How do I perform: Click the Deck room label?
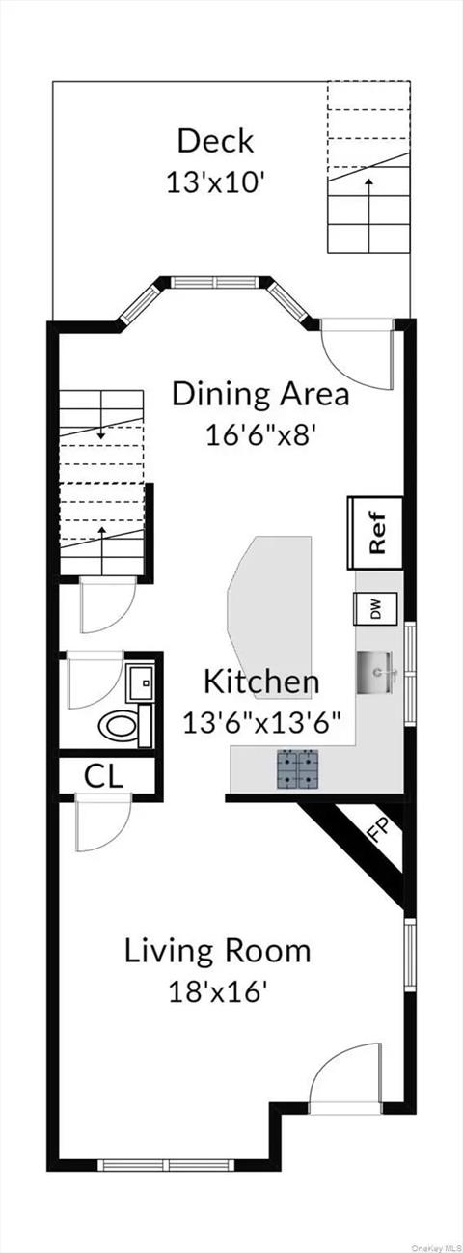click(215, 141)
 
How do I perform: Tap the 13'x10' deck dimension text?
click(215, 182)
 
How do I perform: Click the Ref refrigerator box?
click(375, 533)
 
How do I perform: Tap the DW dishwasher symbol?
click(375, 608)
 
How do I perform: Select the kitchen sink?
click(377, 672)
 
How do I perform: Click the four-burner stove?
click(297, 769)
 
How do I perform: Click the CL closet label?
click(103, 775)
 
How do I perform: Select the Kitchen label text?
click(261, 682)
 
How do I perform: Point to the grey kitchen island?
click(269, 618)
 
